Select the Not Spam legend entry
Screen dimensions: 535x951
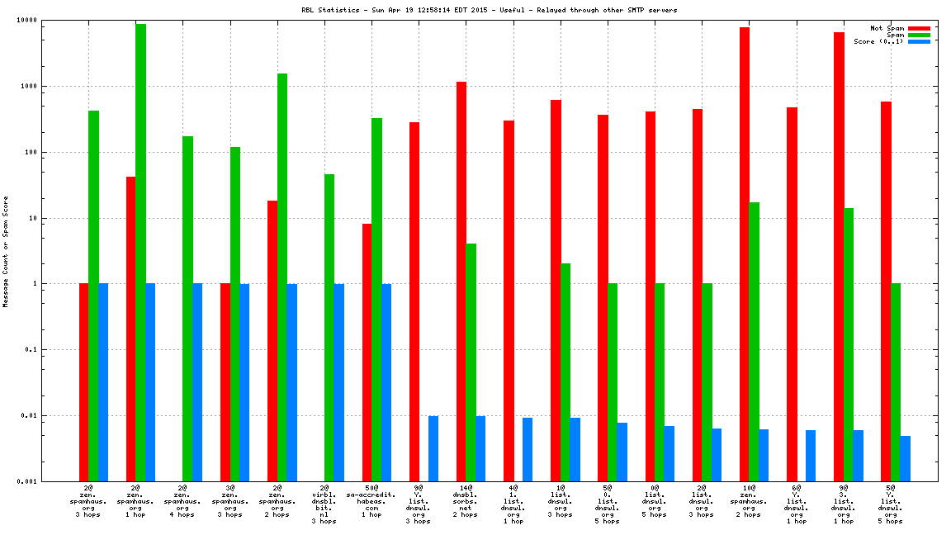pyautogui.click(x=888, y=28)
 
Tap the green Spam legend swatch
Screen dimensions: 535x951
pyautogui.click(x=919, y=35)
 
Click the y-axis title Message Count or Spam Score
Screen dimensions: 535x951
pyautogui.click(x=6, y=251)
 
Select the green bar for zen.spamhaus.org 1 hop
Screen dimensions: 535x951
pyautogui.click(x=141, y=248)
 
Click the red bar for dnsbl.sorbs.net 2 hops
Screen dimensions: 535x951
pyautogui.click(x=461, y=281)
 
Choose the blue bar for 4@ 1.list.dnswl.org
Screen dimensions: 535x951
pyautogui.click(x=528, y=449)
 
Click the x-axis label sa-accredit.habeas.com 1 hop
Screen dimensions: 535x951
pyautogui.click(x=371, y=501)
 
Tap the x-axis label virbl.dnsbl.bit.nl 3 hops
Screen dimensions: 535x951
pyautogui.click(x=324, y=504)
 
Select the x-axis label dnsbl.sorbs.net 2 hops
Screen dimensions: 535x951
pyautogui.click(x=466, y=501)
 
